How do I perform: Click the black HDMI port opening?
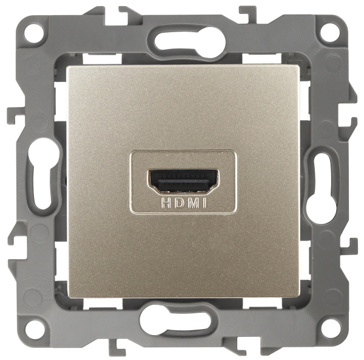183,181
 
